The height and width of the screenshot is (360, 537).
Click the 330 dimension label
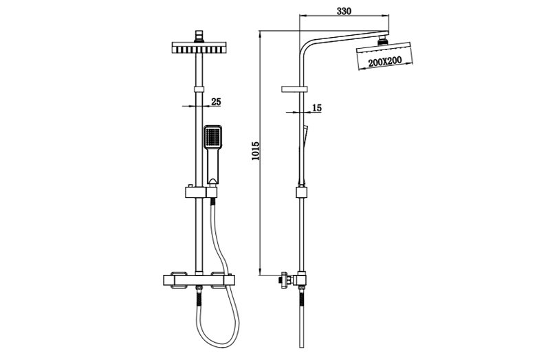(344, 11)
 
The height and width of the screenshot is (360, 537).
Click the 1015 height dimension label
(256, 151)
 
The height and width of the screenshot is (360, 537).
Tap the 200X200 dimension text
(385, 62)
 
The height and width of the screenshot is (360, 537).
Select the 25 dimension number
(216, 102)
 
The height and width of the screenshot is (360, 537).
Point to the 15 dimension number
(317, 108)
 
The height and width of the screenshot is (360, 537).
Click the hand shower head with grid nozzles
(212, 137)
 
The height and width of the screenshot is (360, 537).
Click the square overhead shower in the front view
(199, 47)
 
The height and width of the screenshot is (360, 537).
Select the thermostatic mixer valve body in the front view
(199, 280)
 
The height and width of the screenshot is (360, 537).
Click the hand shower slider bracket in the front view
(201, 192)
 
